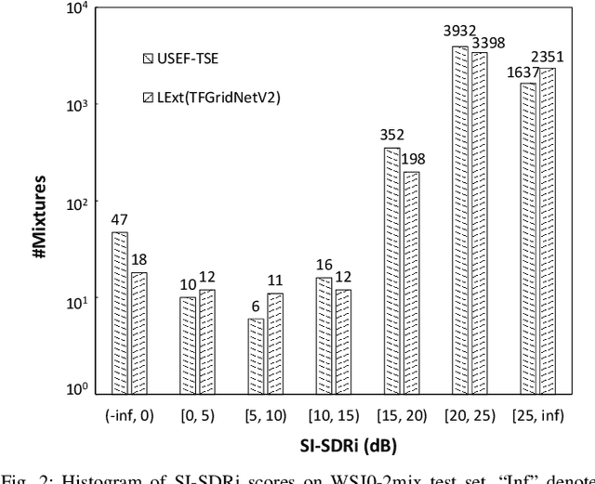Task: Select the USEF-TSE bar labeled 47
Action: [x=120, y=314]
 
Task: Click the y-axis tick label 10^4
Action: [x=77, y=9]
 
